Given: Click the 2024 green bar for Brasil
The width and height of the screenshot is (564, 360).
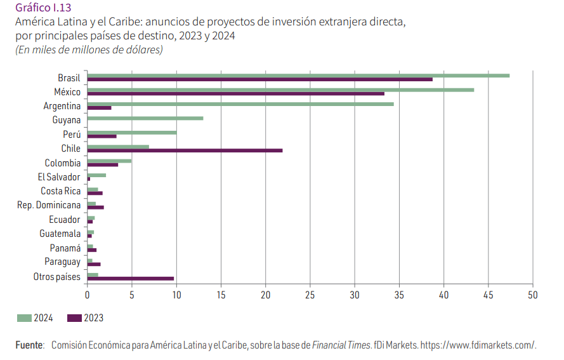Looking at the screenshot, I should [298, 76].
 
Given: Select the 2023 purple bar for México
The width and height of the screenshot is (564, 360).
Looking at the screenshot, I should [235, 94].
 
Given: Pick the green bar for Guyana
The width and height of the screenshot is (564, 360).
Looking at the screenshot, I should [145, 118].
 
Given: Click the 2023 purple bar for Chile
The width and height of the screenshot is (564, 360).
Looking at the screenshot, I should [185, 150].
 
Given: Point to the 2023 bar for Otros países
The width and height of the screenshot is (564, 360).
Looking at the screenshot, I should [130, 278].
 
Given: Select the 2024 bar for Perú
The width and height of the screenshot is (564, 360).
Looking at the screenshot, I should [131, 132].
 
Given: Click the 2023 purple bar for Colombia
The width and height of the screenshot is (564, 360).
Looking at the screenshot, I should [102, 164].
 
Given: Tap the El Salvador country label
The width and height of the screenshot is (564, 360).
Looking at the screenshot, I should [59, 177].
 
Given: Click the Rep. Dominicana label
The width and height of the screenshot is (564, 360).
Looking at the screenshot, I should [49, 205].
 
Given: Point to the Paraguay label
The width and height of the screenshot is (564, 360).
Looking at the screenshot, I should [62, 262].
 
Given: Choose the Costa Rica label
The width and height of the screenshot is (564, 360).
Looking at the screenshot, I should [60, 191].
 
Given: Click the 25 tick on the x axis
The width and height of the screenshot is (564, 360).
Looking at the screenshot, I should [310, 295].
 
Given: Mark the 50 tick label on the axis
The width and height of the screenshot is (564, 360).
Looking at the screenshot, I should [532, 295].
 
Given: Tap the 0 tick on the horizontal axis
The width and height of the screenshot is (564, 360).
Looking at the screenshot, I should [87, 295].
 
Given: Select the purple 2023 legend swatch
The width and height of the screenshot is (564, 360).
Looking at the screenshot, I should [74, 317].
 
